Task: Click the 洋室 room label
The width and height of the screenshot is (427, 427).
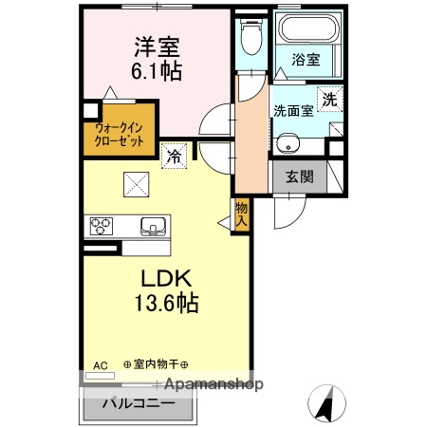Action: [158, 46]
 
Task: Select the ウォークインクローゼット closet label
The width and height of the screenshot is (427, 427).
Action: [120, 134]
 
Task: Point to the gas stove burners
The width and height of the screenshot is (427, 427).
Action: [102, 226]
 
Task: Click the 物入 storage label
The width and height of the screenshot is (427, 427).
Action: [241, 213]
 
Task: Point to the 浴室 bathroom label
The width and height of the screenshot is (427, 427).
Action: [306, 59]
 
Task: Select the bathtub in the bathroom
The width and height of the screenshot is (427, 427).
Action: [306, 28]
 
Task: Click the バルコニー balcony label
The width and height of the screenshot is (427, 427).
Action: [139, 402]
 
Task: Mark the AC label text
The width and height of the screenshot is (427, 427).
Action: [101, 364]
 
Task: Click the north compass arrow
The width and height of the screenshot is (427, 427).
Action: [326, 404]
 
